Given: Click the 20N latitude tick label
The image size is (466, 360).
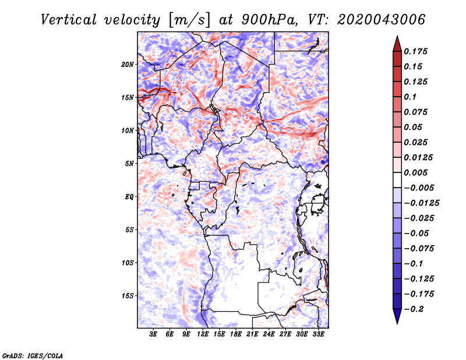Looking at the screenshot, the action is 128,64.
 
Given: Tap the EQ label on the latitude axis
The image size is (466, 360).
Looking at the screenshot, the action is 129,197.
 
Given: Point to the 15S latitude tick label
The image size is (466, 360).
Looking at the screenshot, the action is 128,296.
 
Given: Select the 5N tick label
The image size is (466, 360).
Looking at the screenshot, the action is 129,164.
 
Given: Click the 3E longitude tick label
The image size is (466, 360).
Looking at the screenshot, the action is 153,334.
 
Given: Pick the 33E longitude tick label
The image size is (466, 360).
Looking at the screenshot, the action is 318,334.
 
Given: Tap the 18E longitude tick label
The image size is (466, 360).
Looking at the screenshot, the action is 236,334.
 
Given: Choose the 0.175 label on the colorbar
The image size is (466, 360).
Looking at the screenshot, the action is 415,51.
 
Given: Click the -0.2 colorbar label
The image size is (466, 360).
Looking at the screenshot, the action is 414,309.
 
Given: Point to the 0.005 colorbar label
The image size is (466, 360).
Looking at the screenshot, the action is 415,172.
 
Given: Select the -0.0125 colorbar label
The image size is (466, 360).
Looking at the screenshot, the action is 421,203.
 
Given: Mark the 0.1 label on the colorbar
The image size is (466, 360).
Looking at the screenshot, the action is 410,97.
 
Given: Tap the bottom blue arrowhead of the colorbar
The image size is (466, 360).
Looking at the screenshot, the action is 397,316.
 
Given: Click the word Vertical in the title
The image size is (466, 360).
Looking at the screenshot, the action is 69,20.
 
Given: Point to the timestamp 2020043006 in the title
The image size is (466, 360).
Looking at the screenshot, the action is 382,20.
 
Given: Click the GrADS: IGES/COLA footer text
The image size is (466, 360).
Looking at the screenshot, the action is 33,356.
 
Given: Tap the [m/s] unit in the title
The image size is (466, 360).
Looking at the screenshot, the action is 189,20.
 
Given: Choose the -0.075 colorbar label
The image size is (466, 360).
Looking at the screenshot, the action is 419,249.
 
